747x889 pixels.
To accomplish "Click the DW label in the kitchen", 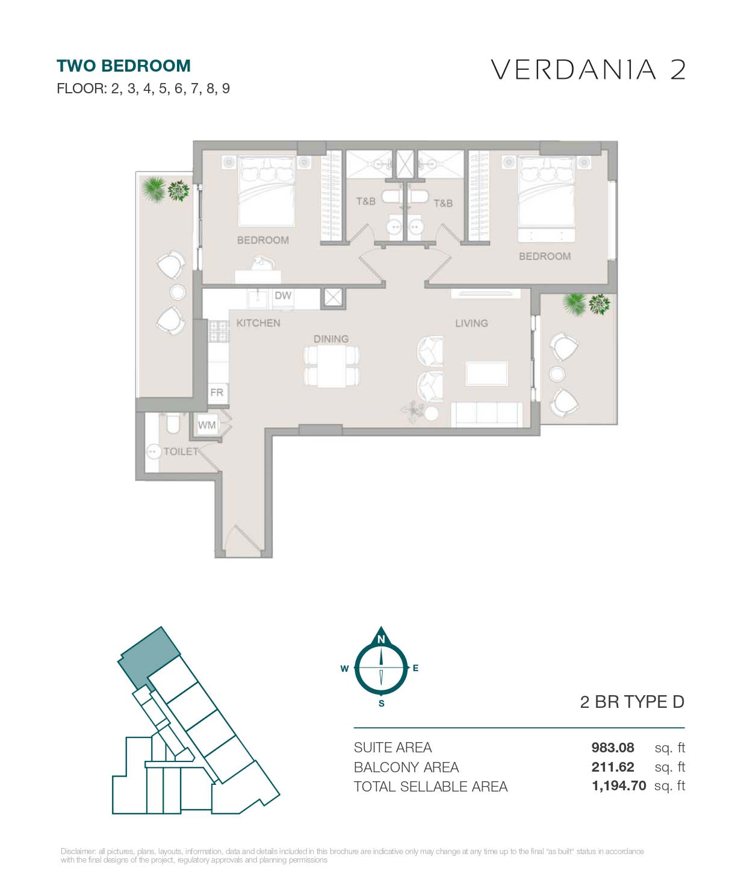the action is coord(283,296).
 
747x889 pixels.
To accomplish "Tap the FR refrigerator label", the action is coord(217,392).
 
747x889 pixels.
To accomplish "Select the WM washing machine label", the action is coord(207,425).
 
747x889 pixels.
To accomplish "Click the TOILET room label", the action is coord(181,451).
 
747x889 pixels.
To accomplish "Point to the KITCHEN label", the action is coord(258,323).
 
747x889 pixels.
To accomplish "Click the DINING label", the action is coord(331,339).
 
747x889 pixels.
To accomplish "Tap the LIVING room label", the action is coord(471,323).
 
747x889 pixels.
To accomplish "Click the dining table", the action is coord(331,366).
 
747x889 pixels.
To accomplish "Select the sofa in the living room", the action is coord(486,414).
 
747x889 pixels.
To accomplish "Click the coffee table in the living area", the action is coord(487,373).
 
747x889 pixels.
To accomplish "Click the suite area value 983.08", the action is coord(612,747).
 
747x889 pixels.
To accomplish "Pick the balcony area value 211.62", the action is coord(612,767).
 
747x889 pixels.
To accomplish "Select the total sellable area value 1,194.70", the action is coord(619,785).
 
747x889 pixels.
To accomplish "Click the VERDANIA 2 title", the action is coord(588,69).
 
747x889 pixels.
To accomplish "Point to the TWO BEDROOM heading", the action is coord(123,66).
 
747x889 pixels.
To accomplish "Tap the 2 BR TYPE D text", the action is coord(632,702).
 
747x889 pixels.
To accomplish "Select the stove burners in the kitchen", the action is coord(219,331).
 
